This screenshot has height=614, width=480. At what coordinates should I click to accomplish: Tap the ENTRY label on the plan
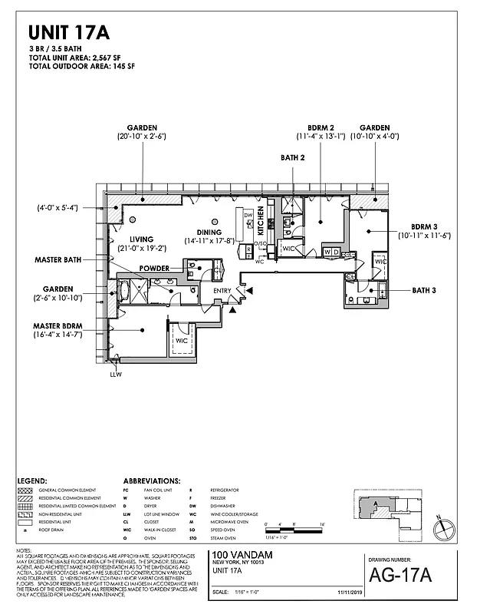pyautogui.click(x=222, y=290)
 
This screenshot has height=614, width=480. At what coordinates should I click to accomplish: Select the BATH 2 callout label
pyautogui.click(x=294, y=158)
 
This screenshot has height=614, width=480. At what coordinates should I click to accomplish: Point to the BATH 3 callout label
pyautogui.click(x=425, y=290)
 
